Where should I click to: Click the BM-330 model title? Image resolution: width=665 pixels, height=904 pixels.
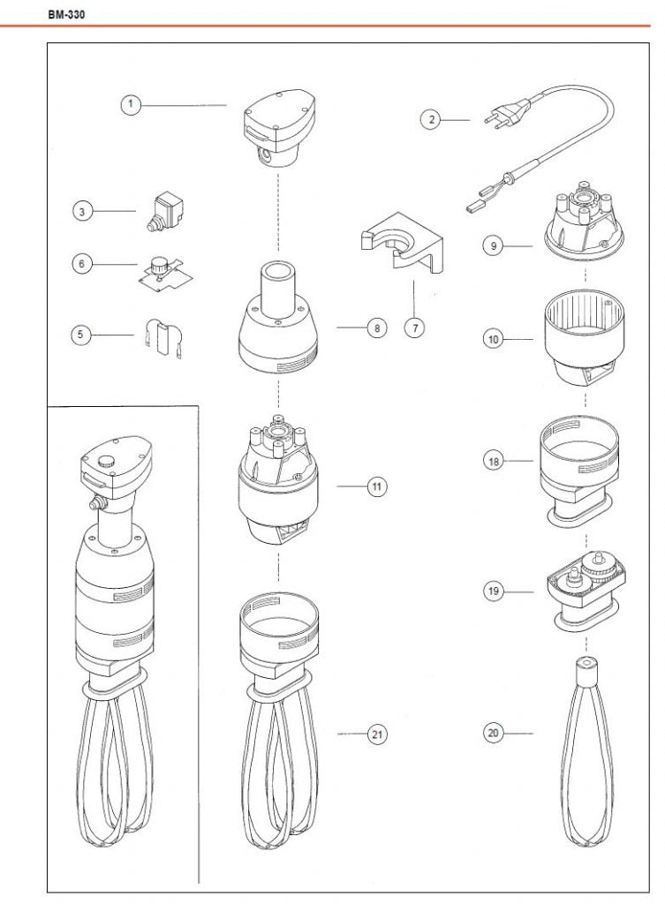[66, 14]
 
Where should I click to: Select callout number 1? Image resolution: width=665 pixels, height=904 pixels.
[131, 104]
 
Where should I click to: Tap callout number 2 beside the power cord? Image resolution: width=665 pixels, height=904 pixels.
[431, 119]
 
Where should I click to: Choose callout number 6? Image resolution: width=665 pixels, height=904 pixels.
[82, 264]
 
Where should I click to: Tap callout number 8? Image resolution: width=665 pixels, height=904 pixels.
[377, 328]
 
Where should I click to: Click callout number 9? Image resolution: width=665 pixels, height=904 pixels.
[493, 245]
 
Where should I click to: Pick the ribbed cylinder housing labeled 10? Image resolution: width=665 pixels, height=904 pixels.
[585, 337]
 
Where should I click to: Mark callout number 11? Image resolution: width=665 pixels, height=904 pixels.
[376, 486]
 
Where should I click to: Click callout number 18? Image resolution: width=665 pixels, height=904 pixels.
[494, 461]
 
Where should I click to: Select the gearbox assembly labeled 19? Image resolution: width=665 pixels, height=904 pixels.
[586, 591]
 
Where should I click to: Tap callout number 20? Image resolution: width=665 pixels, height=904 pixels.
[493, 733]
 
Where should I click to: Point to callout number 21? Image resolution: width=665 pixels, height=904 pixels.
[377, 734]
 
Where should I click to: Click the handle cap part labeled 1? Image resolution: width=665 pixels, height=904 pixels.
[279, 128]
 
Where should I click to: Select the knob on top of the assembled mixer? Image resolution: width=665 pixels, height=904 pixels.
[105, 461]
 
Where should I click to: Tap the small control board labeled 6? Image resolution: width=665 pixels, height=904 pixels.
[165, 273]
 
